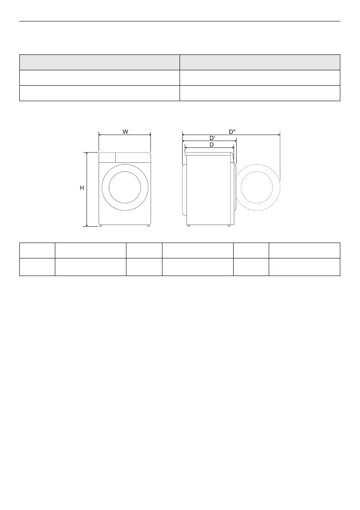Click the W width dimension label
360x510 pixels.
pos(125,132)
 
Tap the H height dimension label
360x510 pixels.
pos(82,188)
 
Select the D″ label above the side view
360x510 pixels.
pos(232,132)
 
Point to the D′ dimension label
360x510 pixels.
pos(212,138)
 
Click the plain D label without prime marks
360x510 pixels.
pos(211,145)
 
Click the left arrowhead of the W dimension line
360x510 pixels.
pos(100,134)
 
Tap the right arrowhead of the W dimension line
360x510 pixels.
pos(149,134)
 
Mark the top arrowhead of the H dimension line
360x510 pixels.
pos(87,153)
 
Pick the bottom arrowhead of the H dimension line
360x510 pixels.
pos(87,225)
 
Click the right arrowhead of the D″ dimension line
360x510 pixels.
pos(279,134)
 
